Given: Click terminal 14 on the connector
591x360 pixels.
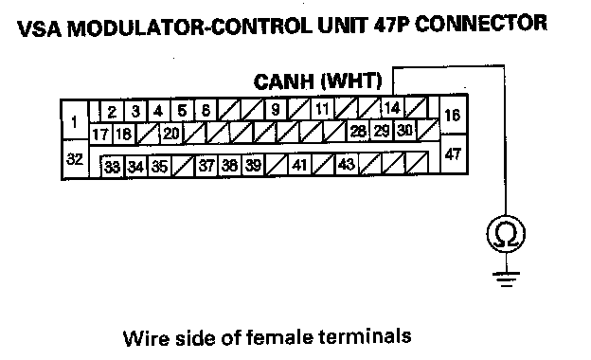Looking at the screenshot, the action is point(393,108).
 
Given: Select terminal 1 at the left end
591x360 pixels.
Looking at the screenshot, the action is point(75,120).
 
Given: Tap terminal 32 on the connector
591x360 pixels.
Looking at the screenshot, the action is point(75,159).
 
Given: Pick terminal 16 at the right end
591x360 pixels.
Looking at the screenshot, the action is point(453,115).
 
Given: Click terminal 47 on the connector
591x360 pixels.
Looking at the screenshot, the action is point(453,153).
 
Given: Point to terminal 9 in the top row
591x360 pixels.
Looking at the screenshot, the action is point(276,109).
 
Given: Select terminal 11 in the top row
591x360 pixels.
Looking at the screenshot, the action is point(322,109).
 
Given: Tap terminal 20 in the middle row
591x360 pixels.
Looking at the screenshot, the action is point(171,133).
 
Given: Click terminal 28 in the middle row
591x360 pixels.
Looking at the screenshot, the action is point(358,131).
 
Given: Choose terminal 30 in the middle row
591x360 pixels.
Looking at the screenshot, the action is point(405,130).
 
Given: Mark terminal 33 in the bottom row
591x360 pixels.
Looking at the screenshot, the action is point(113,167).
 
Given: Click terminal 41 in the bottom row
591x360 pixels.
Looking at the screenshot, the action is point(299,164).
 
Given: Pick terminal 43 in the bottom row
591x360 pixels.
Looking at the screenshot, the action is point(347,164).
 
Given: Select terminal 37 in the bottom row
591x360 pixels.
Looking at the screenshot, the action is point(206,166).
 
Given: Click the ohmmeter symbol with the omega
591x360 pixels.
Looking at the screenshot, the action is point(506,234).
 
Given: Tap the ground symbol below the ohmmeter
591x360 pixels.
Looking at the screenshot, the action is point(506,279).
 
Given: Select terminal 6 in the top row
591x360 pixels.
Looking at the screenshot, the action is point(206,111).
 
